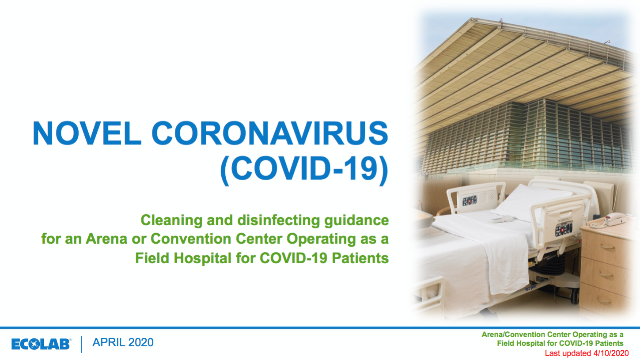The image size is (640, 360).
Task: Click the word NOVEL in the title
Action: [87, 133]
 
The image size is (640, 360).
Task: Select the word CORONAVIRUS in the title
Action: [270, 133]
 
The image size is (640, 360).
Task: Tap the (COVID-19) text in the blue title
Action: [304, 169]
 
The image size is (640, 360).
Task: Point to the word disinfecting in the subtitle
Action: [278, 220]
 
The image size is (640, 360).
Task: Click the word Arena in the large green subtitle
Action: [106, 239]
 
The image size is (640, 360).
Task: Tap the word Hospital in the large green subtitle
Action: [203, 258]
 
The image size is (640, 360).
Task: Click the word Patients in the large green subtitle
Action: [360, 258]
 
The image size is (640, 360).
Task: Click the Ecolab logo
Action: [41, 344]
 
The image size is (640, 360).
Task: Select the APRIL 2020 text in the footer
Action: [123, 342]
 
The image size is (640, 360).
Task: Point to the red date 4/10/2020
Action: [611, 353]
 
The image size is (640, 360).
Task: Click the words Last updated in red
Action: [568, 353]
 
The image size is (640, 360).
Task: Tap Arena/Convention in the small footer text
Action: [513, 334]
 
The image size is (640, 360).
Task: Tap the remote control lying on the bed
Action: [500, 220]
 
